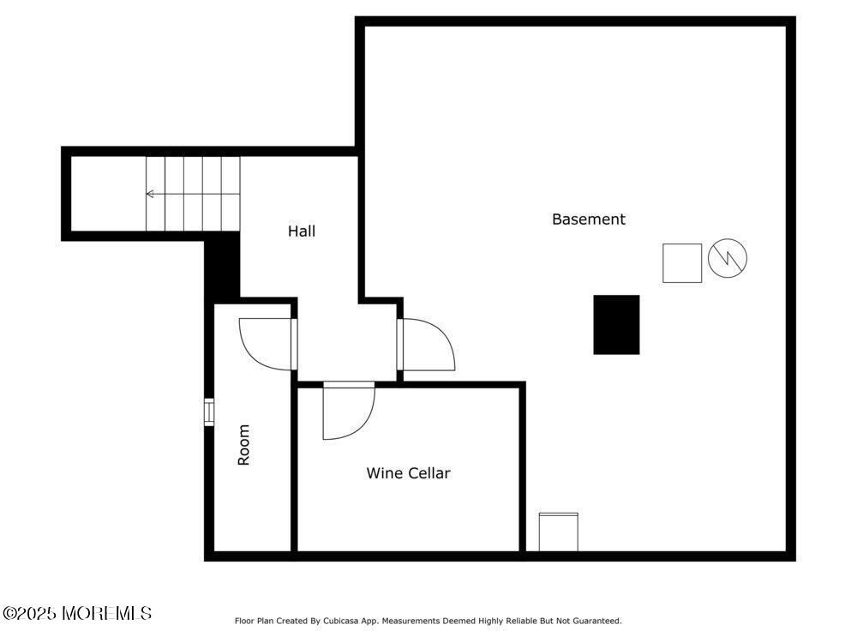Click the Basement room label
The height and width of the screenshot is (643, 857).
pyautogui.click(x=588, y=219)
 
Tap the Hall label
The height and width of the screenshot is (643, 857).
pyautogui.click(x=301, y=231)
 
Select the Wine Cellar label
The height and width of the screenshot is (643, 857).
pyautogui.click(x=408, y=473)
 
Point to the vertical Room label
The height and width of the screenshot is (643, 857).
pyautogui.click(x=243, y=445)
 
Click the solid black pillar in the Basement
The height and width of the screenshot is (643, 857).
pyautogui.click(x=616, y=324)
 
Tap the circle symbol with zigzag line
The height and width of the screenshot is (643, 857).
pyautogui.click(x=728, y=257)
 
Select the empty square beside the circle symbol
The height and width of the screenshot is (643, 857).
pyautogui.click(x=681, y=263)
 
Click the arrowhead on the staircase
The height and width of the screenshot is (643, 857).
pyautogui.click(x=150, y=194)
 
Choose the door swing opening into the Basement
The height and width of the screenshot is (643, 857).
pyautogui.click(x=427, y=345)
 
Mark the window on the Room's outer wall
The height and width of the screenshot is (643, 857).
pyautogui.click(x=208, y=412)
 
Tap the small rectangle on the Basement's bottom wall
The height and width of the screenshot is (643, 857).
pyautogui.click(x=558, y=532)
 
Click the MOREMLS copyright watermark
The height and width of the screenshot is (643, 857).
pyautogui.click(x=77, y=613)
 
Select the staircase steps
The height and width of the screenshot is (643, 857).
pyautogui.click(x=192, y=194)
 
